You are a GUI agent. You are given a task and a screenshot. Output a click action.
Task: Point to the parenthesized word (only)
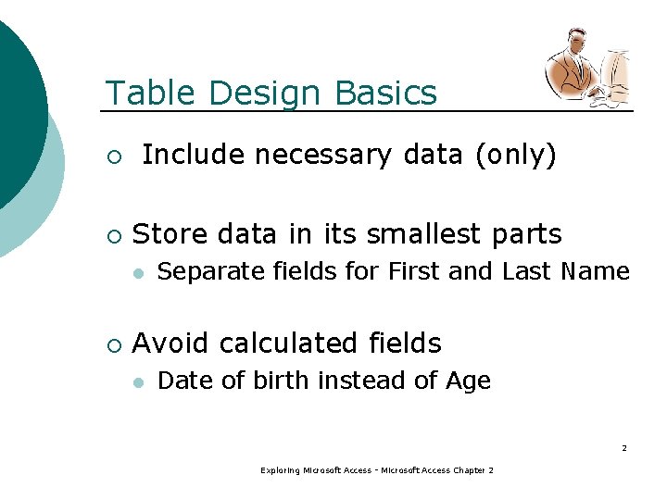click(515, 156)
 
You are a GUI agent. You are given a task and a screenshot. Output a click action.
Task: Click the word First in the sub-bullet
click(414, 271)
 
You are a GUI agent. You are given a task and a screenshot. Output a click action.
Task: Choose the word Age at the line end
click(468, 381)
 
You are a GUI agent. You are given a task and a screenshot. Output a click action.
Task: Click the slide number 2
click(623, 448)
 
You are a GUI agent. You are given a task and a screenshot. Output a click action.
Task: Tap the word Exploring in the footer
click(280, 471)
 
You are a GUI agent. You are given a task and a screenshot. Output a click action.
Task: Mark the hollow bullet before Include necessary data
click(113, 156)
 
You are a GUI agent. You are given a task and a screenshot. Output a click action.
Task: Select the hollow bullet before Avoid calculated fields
click(113, 344)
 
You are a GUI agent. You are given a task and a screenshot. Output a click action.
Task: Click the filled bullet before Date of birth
click(137, 381)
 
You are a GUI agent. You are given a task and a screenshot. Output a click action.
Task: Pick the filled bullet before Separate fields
click(137, 272)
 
